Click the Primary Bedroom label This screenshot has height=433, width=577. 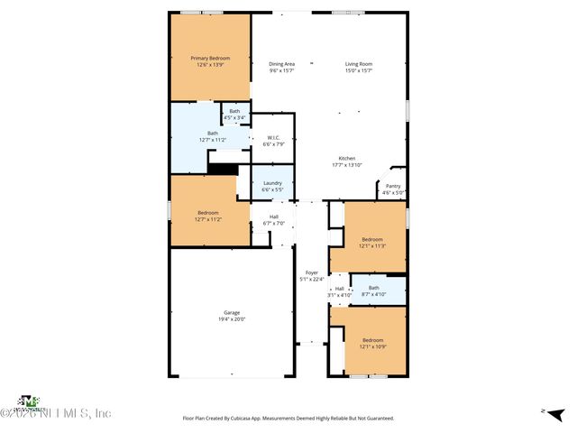[x=210, y=58]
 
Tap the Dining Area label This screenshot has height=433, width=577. [x=282, y=64]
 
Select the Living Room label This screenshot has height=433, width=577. [x=359, y=64]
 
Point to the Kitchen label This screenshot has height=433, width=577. [x=347, y=158]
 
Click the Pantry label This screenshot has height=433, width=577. [x=393, y=186]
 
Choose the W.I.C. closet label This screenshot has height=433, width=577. [x=273, y=138]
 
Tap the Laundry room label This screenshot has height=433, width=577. [x=272, y=183]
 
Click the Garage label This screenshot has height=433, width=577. [x=232, y=312]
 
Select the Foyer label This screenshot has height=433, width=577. [x=312, y=272]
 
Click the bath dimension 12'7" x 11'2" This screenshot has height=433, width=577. [x=212, y=140]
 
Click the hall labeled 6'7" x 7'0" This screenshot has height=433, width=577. [x=273, y=223]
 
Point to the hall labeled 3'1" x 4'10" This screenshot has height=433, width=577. [x=340, y=295]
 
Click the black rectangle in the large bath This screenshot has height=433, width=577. [x=222, y=168]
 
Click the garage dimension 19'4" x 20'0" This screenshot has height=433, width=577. [x=232, y=319]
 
